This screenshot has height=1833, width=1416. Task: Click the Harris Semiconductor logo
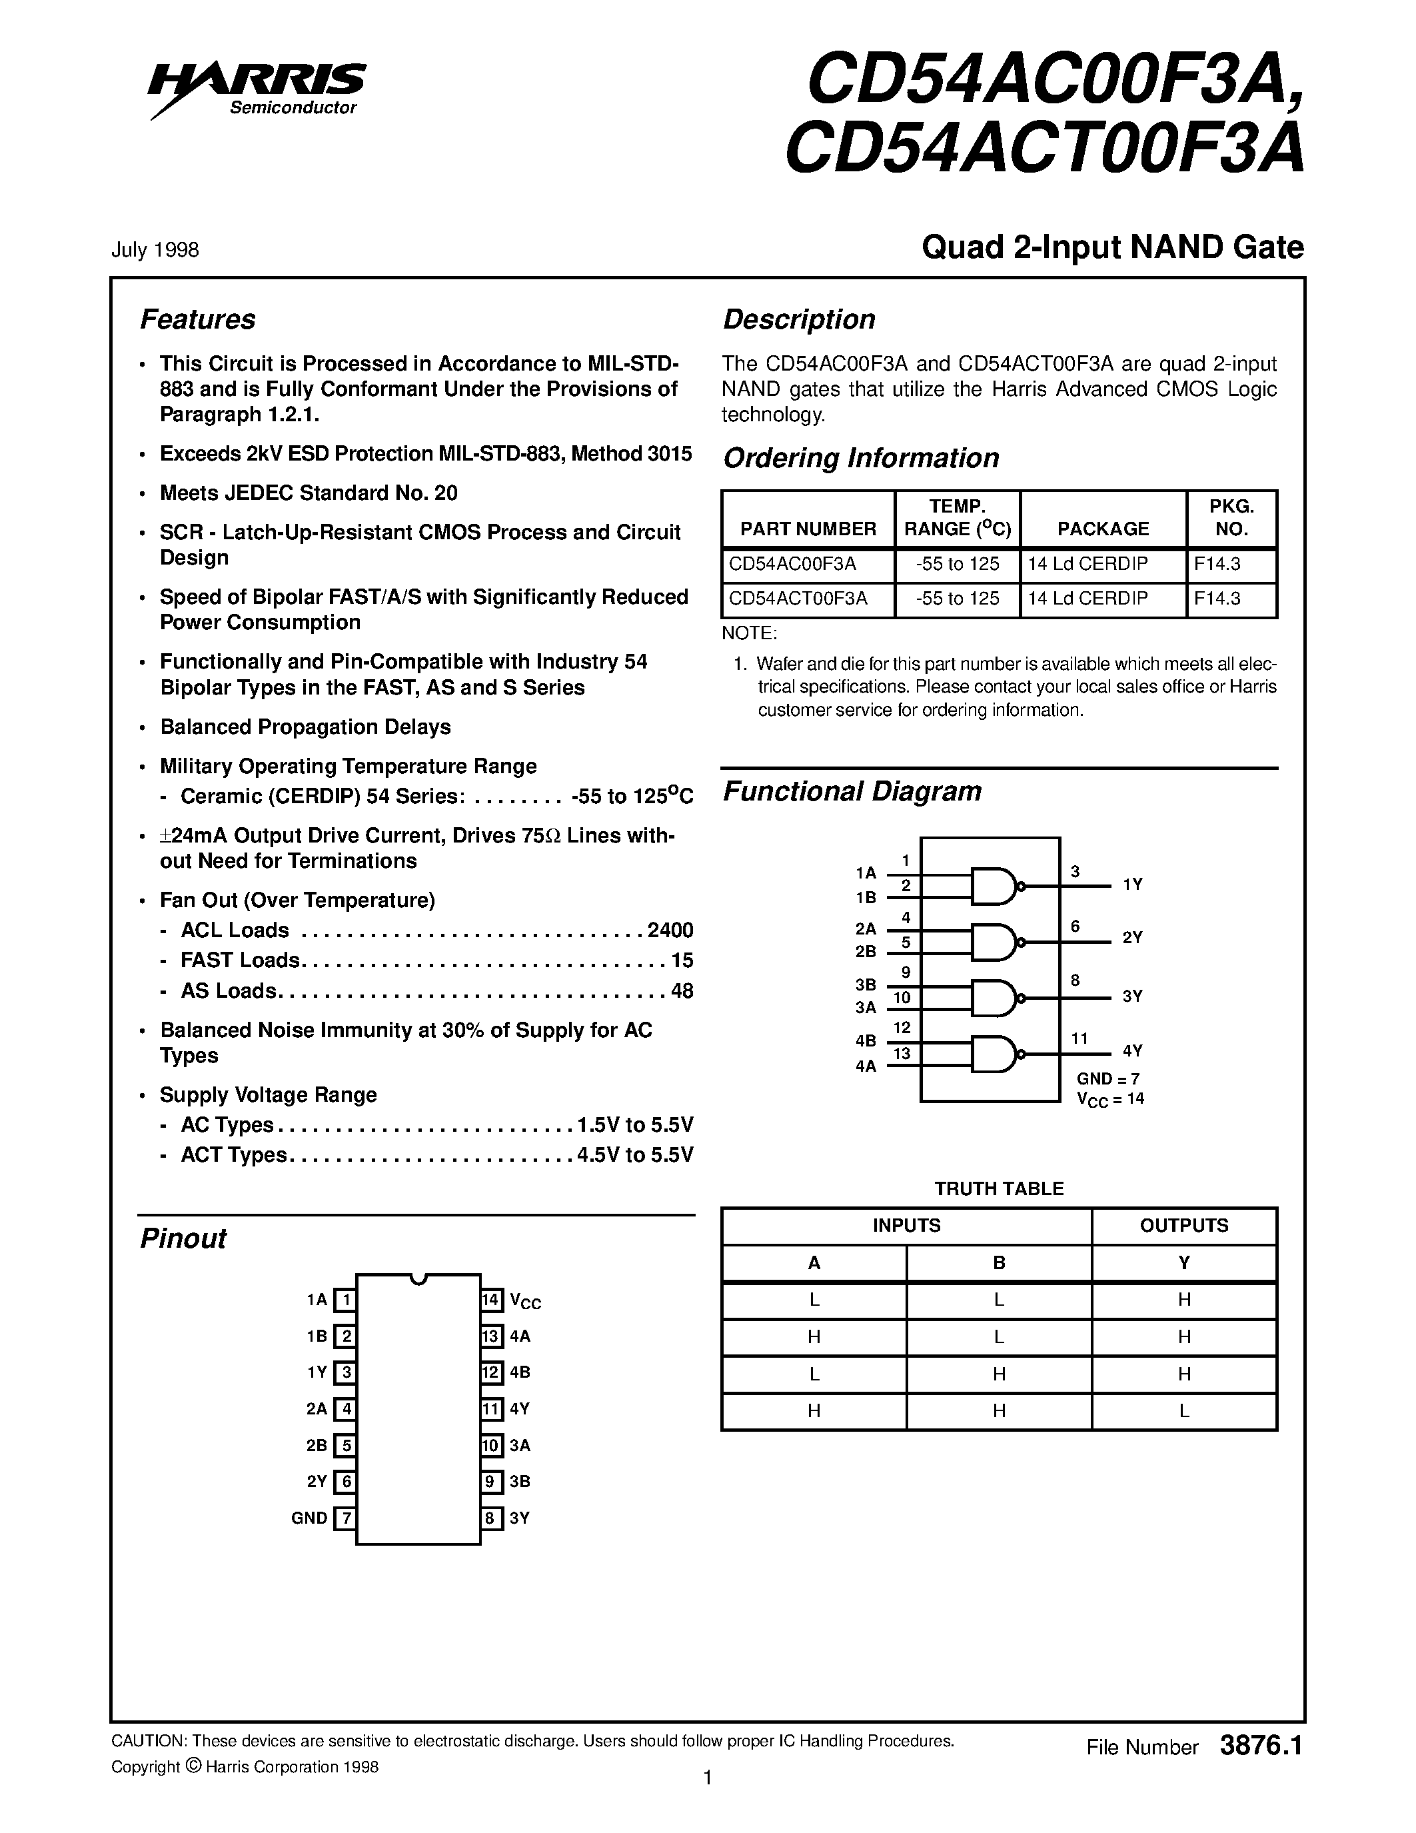(x=256, y=88)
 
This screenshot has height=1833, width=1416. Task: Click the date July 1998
(x=155, y=250)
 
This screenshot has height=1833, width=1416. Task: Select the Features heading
(x=197, y=320)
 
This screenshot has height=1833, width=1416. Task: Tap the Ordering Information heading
(x=861, y=459)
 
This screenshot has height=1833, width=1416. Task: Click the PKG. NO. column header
(x=1231, y=518)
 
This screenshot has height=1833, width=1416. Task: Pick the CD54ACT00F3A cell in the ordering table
(x=798, y=599)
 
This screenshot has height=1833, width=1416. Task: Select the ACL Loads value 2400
(x=670, y=930)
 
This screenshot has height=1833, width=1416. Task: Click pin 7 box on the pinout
(x=344, y=1518)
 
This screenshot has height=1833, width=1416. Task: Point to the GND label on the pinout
(x=309, y=1518)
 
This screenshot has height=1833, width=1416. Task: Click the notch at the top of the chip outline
(x=418, y=1279)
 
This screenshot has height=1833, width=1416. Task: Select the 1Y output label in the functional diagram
(x=1132, y=885)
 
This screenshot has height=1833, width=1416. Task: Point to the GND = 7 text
(x=1108, y=1079)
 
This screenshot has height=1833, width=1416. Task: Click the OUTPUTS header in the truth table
(x=1183, y=1225)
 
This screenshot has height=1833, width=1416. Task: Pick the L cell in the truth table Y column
(x=1183, y=1411)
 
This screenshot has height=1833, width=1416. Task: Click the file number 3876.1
(x=1261, y=1746)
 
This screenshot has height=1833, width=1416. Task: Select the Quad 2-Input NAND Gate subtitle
(x=1112, y=247)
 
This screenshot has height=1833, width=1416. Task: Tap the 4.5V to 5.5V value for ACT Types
(x=635, y=1155)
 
